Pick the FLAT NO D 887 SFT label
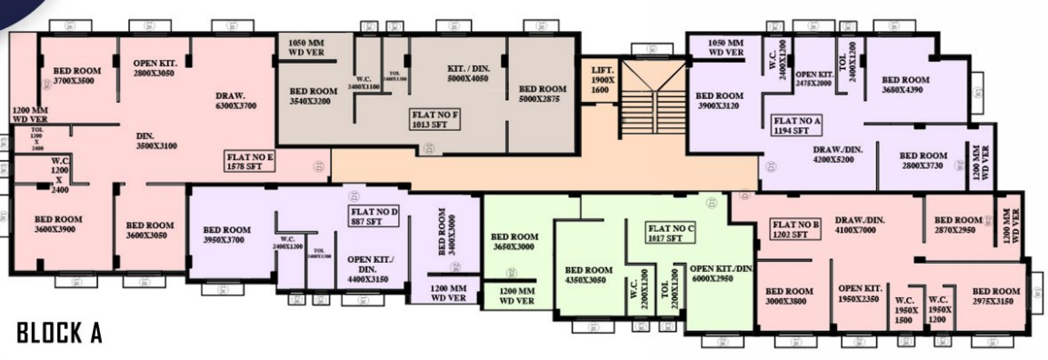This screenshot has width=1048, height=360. pyautogui.click(x=374, y=215)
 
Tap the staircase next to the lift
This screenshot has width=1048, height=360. pyautogui.click(x=651, y=100)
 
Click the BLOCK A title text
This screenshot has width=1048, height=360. pyautogui.click(x=59, y=334)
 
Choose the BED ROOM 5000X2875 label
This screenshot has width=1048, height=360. pyautogui.click(x=544, y=95)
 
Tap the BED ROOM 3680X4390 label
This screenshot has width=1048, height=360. pyautogui.click(x=905, y=85)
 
